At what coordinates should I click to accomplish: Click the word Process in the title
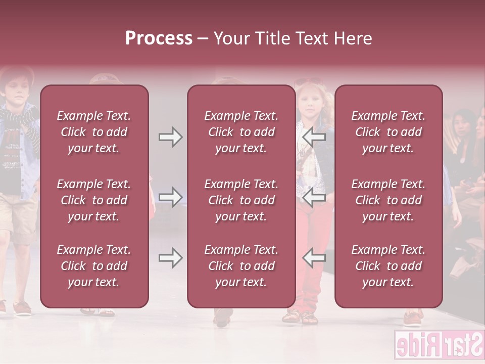click(159, 38)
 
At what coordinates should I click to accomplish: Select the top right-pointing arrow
click(170, 137)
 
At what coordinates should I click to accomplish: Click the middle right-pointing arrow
click(170, 197)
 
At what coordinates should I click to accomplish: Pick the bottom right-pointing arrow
click(170, 258)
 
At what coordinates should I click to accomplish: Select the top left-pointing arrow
click(314, 137)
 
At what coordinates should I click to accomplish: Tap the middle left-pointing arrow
click(314, 197)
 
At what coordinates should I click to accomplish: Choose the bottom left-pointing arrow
click(314, 258)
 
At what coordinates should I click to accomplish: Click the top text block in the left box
click(94, 132)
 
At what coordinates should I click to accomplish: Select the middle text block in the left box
click(94, 200)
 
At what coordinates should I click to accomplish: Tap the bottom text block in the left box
click(94, 266)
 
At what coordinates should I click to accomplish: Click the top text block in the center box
click(241, 132)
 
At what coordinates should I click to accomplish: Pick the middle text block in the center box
click(241, 200)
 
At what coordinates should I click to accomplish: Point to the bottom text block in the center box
click(241, 266)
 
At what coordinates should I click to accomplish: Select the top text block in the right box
click(388, 132)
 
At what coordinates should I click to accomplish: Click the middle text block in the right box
click(388, 200)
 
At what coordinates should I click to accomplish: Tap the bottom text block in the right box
click(388, 266)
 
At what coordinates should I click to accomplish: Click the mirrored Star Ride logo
click(438, 345)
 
